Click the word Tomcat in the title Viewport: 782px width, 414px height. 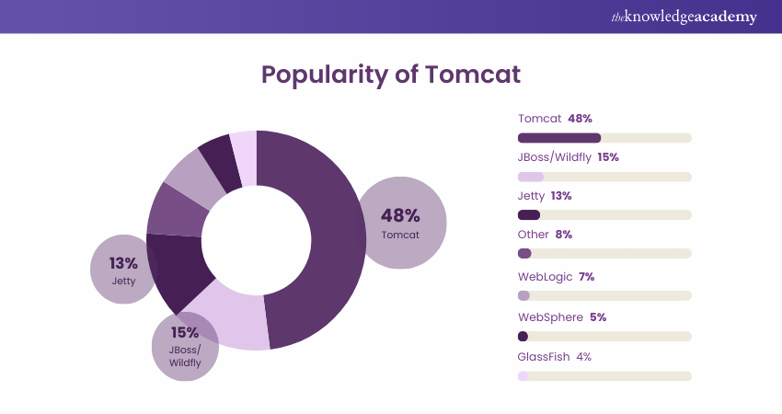(x=471, y=74)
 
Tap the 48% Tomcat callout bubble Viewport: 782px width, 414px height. (x=400, y=223)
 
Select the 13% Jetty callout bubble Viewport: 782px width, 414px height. (x=123, y=269)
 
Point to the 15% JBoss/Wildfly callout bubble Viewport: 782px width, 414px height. (x=185, y=347)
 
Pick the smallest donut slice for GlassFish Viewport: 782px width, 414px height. (x=245, y=156)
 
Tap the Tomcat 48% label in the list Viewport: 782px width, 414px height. (x=555, y=119)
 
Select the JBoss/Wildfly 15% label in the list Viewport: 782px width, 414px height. (x=568, y=157)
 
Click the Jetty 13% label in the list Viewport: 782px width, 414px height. (x=545, y=196)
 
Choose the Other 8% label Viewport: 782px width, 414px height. (x=545, y=235)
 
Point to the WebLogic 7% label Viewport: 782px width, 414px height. (x=557, y=276)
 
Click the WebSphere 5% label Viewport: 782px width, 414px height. (x=561, y=317)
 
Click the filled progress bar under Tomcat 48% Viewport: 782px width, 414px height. (x=559, y=138)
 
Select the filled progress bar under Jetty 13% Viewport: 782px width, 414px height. (x=529, y=214)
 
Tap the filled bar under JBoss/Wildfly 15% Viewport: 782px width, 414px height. (x=531, y=176)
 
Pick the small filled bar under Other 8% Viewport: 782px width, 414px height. (x=524, y=253)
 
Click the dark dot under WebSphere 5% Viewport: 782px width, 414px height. (x=523, y=337)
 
